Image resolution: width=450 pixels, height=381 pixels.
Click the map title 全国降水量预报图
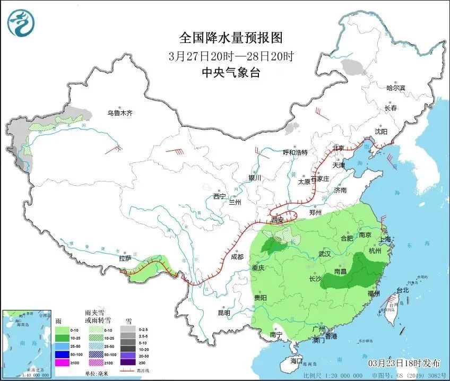(x=231, y=38)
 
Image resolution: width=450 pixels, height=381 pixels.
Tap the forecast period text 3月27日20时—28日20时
(x=231, y=56)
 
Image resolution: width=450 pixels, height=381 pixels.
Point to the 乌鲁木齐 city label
(x=119, y=113)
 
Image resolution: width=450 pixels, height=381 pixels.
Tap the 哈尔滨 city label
(x=395, y=88)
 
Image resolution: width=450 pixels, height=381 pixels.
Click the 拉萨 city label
(x=125, y=258)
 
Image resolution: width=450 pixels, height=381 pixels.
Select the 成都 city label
(x=237, y=257)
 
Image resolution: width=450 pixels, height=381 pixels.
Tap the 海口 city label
(x=297, y=361)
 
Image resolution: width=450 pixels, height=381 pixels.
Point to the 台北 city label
(x=403, y=290)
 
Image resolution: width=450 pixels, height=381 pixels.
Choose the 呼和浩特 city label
(x=295, y=152)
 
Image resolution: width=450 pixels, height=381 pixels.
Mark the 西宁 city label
(x=220, y=196)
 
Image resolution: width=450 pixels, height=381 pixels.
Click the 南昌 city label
(x=341, y=272)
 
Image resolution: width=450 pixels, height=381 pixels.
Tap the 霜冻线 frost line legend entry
(x=137, y=371)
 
